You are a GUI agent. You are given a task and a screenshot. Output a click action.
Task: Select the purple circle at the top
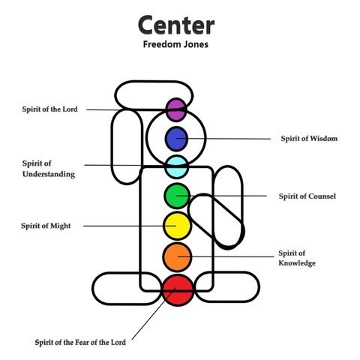[175, 109]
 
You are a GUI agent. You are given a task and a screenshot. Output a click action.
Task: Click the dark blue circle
[175, 138]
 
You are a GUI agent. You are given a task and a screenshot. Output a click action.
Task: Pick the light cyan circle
[175, 166]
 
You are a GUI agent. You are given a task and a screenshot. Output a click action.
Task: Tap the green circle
[175, 196]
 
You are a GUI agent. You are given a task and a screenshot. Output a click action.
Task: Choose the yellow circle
[176, 225]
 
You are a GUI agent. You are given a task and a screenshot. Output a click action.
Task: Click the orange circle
[176, 256]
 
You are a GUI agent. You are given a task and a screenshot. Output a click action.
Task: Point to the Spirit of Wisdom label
[309, 139]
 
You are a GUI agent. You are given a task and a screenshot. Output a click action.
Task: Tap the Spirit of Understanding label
[48, 169]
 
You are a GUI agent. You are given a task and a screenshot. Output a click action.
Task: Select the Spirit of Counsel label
[307, 196]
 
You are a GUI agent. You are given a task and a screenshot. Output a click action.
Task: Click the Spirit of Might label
[46, 226]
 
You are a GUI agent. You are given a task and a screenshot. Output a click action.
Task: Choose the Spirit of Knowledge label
[296, 258]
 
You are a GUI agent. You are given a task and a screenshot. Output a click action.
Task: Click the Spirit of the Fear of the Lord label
[81, 342]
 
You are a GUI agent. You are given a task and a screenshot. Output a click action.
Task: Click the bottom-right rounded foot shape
[232, 287]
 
